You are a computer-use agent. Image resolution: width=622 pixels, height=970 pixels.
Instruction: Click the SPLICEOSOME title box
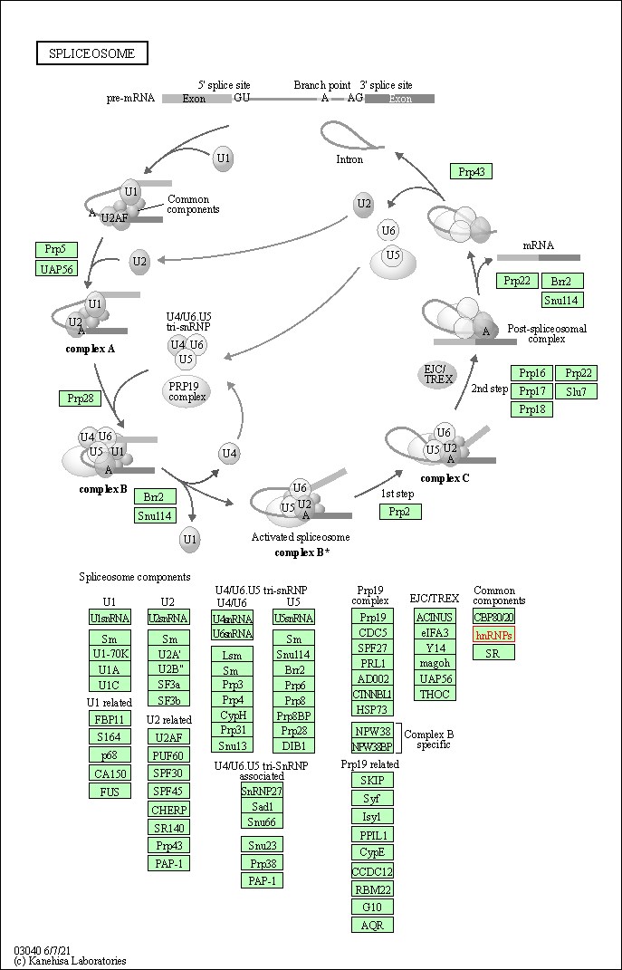pyautogui.click(x=92, y=53)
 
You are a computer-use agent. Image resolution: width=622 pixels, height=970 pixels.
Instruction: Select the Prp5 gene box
pyautogui.click(x=56, y=250)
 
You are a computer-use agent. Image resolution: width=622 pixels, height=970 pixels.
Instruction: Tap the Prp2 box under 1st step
pyautogui.click(x=400, y=512)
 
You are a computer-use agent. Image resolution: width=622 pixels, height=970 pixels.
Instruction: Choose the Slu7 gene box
pyautogui.click(x=577, y=391)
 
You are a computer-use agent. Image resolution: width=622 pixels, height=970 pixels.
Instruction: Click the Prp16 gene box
pyautogui.click(x=532, y=373)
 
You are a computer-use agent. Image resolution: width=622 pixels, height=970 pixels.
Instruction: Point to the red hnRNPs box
pyautogui.click(x=494, y=635)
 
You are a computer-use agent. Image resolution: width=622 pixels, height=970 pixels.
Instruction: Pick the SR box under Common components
pyautogui.click(x=494, y=652)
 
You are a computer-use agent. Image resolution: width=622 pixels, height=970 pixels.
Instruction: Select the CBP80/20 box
pyautogui.click(x=494, y=618)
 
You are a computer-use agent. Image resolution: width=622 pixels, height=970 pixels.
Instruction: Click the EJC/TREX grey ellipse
pyautogui.click(x=438, y=374)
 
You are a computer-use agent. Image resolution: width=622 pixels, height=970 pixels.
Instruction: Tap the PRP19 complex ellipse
pyautogui.click(x=187, y=391)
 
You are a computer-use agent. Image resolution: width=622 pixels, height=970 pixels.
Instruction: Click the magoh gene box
pyautogui.click(x=435, y=663)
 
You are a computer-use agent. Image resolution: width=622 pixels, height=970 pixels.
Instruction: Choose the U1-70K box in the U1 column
pyautogui.click(x=110, y=652)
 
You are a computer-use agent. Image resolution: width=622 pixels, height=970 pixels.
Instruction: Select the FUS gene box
pyautogui.click(x=110, y=791)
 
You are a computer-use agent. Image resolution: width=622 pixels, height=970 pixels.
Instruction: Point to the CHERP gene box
pyautogui.click(x=169, y=810)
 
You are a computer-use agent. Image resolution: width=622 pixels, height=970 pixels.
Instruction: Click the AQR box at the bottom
pyautogui.click(x=372, y=926)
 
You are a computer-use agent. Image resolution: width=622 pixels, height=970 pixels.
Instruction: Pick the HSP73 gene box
pyautogui.click(x=372, y=710)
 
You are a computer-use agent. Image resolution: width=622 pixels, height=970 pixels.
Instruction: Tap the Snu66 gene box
pyautogui.click(x=262, y=821)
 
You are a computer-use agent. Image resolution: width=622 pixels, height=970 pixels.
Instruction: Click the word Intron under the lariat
pyautogui.click(x=349, y=159)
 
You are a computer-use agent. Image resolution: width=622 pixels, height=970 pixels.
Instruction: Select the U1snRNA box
pyautogui.click(x=110, y=618)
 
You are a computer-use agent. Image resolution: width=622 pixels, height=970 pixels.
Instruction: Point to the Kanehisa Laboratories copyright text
pyautogui.click(x=71, y=961)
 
